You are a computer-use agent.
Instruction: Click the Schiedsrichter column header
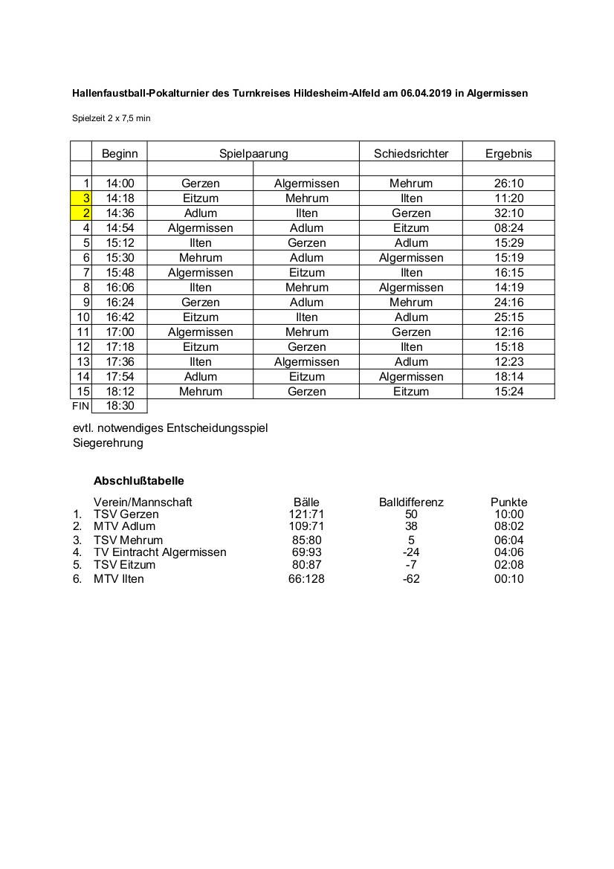(411, 154)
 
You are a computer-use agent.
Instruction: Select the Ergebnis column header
(508, 154)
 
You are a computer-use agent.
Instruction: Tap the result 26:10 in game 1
(508, 184)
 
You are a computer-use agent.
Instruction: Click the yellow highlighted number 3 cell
(82, 198)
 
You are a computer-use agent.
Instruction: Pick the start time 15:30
(120, 258)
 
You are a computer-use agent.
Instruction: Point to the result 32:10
(508, 213)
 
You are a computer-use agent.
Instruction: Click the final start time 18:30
(120, 406)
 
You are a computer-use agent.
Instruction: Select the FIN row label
(80, 406)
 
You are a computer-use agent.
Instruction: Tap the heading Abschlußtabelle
(139, 481)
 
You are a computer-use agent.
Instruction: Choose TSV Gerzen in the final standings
(126, 514)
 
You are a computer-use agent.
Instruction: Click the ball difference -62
(411, 578)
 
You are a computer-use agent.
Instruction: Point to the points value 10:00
(508, 514)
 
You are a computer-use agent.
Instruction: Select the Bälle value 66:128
(306, 578)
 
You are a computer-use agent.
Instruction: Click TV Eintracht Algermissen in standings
(160, 552)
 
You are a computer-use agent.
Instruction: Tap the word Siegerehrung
(109, 443)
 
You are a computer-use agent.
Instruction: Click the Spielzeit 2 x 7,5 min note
(111, 118)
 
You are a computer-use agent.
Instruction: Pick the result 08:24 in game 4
(508, 228)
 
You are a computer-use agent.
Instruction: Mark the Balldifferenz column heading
(411, 503)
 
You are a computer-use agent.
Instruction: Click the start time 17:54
(120, 377)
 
